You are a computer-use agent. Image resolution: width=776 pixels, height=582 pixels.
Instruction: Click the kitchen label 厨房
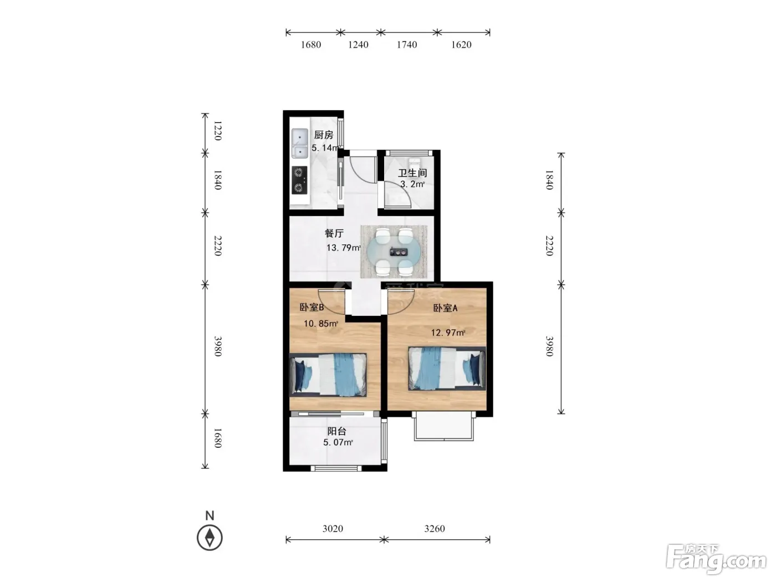coord(324,135)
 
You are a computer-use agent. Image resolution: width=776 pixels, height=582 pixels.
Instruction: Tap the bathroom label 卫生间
coord(412,173)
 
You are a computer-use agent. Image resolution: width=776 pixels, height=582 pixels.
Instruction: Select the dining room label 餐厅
coord(334,233)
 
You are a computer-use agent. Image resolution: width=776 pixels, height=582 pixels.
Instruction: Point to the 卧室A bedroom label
coord(445,308)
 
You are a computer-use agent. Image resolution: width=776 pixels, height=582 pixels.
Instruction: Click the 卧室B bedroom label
coord(312,308)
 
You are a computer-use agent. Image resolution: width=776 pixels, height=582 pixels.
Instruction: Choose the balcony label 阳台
coord(336,431)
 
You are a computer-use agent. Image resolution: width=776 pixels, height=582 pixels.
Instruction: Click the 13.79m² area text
coord(343,248)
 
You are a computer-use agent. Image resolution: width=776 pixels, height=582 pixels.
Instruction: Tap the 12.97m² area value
coord(448,333)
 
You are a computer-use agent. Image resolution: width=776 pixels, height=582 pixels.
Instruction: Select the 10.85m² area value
coord(320,323)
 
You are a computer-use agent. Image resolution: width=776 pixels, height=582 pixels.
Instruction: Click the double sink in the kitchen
coord(300,143)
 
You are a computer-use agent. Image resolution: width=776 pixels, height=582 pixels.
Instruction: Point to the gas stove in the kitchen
coord(299,180)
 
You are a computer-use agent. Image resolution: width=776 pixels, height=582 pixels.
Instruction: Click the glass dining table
coord(394,252)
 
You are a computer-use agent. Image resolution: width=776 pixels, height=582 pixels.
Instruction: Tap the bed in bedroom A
coord(447,368)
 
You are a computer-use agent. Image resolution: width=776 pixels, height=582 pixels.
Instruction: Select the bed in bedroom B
coord(328,375)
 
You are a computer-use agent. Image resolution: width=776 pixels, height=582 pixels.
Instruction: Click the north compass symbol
coord(210,538)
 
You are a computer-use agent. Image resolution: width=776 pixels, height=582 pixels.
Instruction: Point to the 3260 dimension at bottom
coord(435,528)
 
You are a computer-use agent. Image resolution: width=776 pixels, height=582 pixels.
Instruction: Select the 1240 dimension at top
coord(358,44)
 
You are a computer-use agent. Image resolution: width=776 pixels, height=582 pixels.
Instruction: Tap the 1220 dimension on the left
coord(218,130)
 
